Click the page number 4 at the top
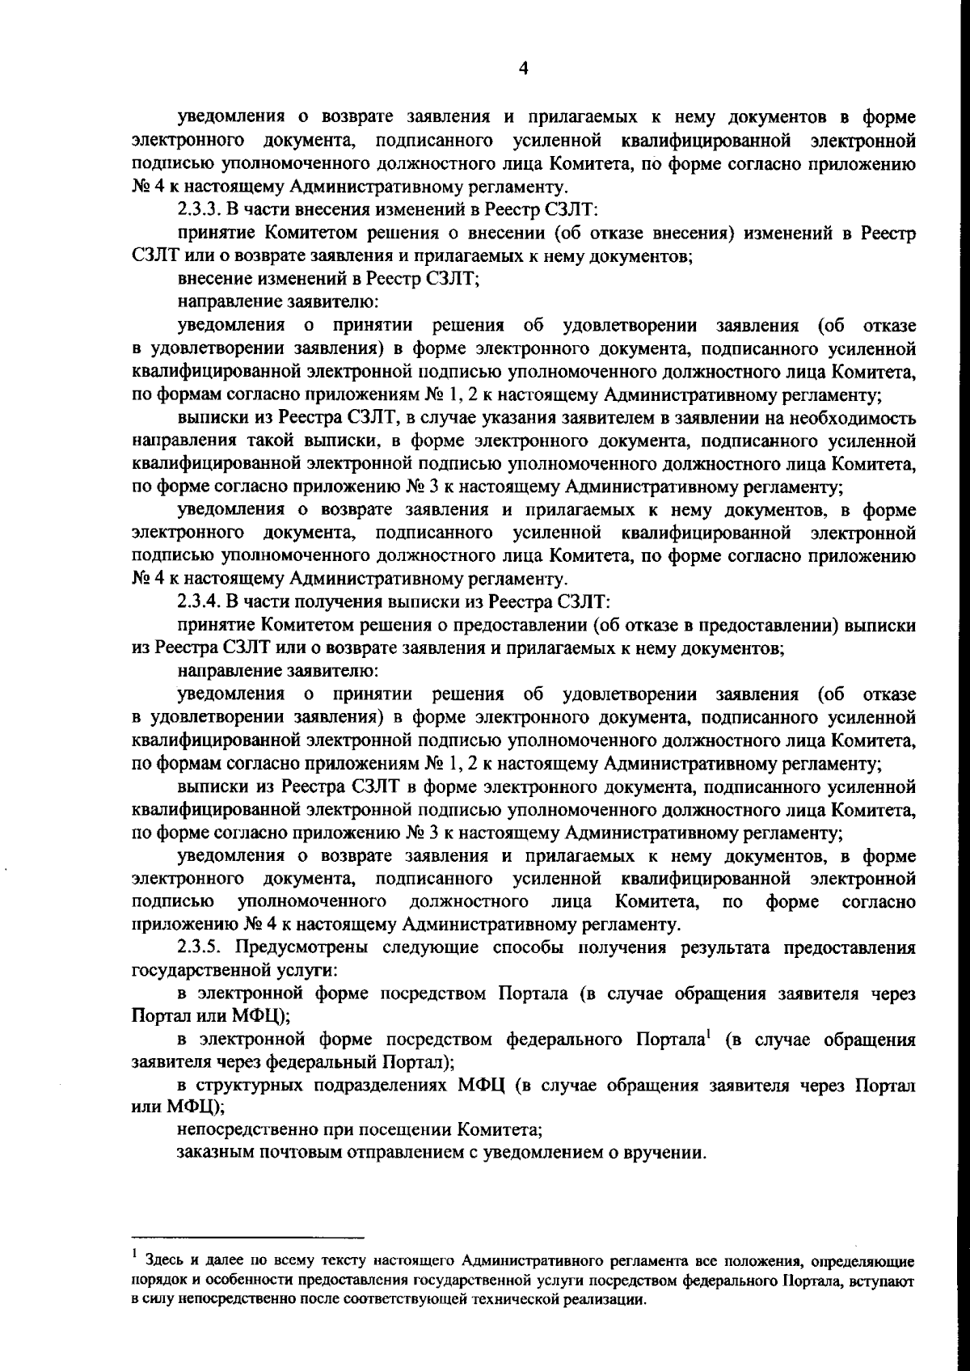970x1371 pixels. (x=523, y=70)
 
